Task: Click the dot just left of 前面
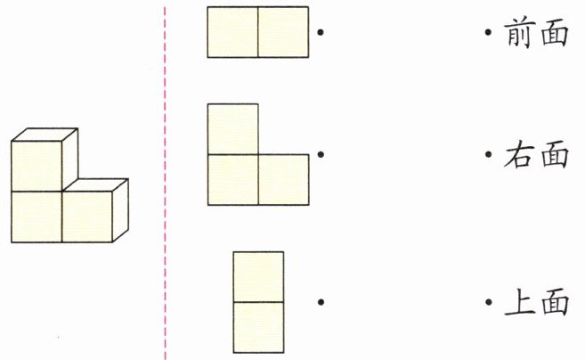click(x=489, y=34)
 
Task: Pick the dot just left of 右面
click(x=489, y=155)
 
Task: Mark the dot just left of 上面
click(x=489, y=303)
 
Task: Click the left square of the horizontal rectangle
click(x=232, y=33)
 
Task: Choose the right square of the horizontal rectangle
click(x=283, y=33)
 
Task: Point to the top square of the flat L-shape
click(x=232, y=129)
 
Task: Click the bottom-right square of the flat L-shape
click(x=283, y=180)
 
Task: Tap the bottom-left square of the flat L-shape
click(x=232, y=180)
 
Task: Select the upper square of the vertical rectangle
click(x=258, y=276)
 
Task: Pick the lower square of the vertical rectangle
click(x=258, y=328)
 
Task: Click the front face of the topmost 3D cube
click(x=37, y=166)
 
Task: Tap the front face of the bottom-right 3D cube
click(x=87, y=217)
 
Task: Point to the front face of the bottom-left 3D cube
click(x=37, y=217)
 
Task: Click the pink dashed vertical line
click(x=165, y=178)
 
